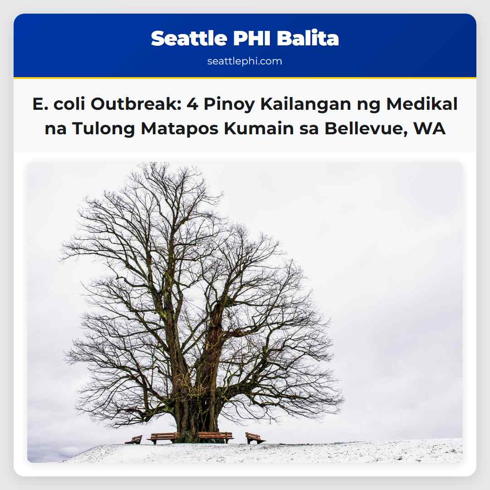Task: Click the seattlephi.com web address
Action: tap(245, 61)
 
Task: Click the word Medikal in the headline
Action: tap(422, 104)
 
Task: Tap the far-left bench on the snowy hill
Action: tap(134, 439)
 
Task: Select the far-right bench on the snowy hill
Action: tap(255, 438)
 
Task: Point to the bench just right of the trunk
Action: tap(216, 437)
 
